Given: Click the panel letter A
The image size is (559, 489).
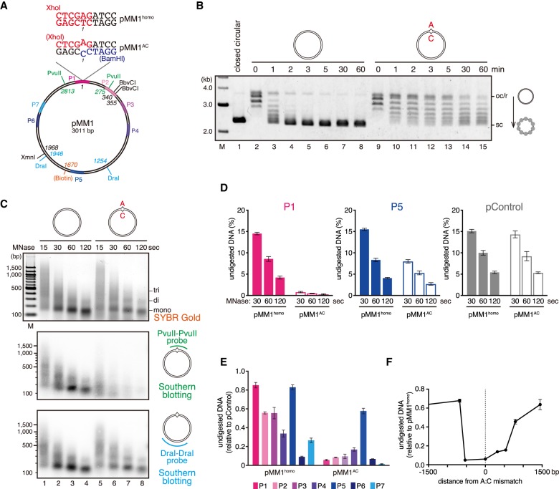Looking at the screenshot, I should (5, 6).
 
